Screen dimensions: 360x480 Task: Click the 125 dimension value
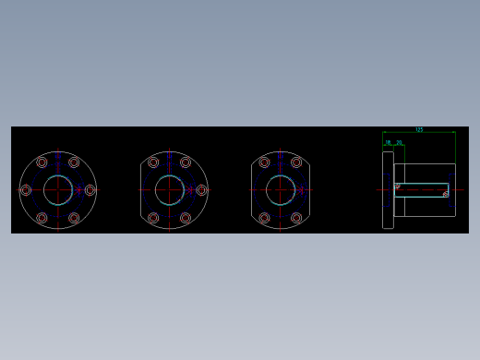pyautogui.click(x=419, y=130)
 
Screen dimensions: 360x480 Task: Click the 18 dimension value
pyautogui.click(x=389, y=143)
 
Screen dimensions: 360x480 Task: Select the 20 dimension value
pyautogui.click(x=399, y=143)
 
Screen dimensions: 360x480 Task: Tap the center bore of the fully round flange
pyautogui.click(x=58, y=190)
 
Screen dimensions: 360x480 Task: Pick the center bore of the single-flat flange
pyautogui.click(x=170, y=190)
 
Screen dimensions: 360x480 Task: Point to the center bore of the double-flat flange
pyautogui.click(x=281, y=190)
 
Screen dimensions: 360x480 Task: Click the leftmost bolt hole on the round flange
pyautogui.click(x=26, y=190)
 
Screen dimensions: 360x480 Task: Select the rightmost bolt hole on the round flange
pyautogui.click(x=90, y=190)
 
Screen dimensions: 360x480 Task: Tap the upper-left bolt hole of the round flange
pyautogui.click(x=42, y=162)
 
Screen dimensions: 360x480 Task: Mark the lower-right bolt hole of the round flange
pyautogui.click(x=74, y=219)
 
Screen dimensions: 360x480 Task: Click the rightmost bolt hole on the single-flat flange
pyautogui.click(x=202, y=190)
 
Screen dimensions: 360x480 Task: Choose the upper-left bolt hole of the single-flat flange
pyautogui.click(x=153, y=162)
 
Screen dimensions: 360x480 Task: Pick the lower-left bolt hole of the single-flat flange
pyautogui.click(x=153, y=219)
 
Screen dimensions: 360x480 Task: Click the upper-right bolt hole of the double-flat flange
pyautogui.click(x=297, y=162)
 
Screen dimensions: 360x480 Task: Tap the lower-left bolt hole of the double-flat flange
pyautogui.click(x=264, y=219)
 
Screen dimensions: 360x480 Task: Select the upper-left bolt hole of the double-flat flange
pyautogui.click(x=264, y=162)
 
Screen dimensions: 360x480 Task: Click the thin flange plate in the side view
pyautogui.click(x=388, y=190)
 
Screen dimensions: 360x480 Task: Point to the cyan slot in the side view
pyautogui.click(x=422, y=190)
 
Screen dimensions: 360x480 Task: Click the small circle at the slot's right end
pyautogui.click(x=446, y=194)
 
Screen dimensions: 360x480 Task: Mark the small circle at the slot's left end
pyautogui.click(x=398, y=186)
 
